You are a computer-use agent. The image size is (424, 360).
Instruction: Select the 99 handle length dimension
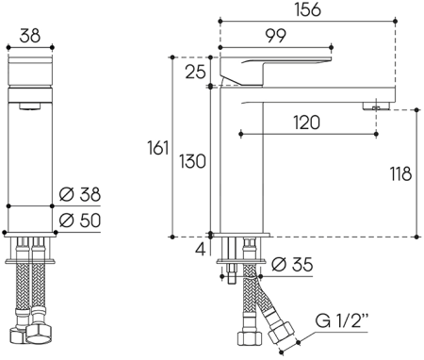click(276, 37)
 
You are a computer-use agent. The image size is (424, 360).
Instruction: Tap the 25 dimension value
click(194, 72)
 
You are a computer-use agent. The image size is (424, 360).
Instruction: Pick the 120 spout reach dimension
click(306, 122)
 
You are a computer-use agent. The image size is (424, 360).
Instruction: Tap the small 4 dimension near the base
click(197, 250)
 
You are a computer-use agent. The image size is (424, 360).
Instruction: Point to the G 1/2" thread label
click(345, 319)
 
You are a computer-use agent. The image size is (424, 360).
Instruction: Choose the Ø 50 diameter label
click(79, 221)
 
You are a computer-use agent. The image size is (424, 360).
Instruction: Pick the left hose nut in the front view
click(18, 334)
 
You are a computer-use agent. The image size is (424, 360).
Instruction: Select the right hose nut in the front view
click(42, 334)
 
